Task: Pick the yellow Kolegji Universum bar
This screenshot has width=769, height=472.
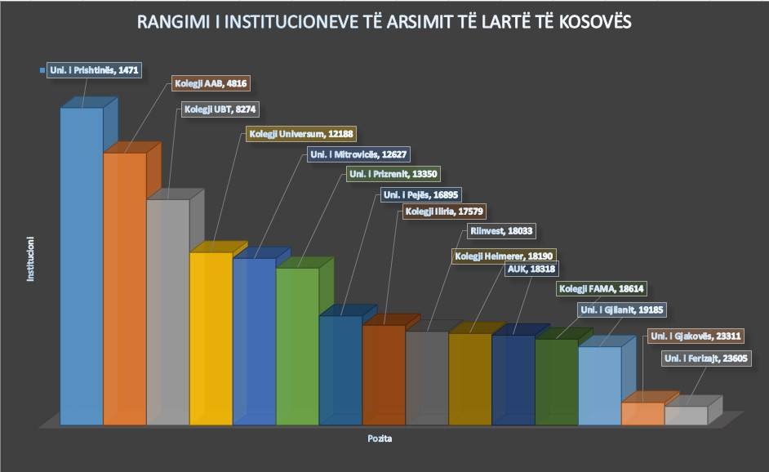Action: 211,338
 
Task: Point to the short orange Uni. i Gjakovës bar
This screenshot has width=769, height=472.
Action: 643,413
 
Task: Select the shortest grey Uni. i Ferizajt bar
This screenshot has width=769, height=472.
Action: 686,415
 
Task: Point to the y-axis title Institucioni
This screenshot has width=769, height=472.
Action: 30,260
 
